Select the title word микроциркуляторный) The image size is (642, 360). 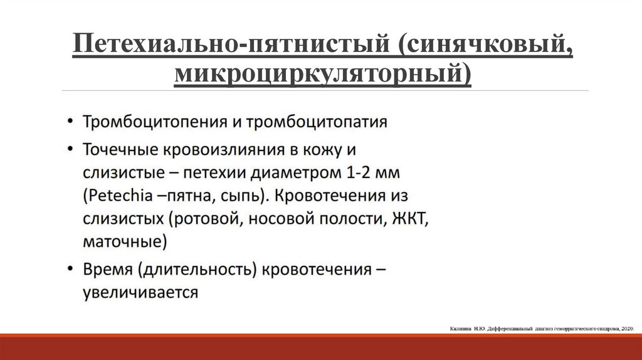323,74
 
